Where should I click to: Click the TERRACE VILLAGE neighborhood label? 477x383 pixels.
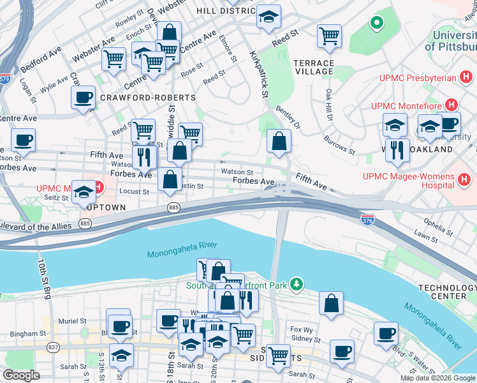(x=313, y=67)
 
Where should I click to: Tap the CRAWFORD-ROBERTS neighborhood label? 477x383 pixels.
(x=147, y=98)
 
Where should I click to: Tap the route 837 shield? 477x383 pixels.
(x=53, y=347)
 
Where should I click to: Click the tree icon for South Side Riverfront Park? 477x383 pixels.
(x=296, y=283)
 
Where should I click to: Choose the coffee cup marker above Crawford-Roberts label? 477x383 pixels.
(x=83, y=98)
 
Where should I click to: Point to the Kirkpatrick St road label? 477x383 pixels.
(x=258, y=75)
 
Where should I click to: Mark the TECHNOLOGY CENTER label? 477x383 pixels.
(x=447, y=292)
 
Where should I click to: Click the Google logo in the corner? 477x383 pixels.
(x=22, y=375)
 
